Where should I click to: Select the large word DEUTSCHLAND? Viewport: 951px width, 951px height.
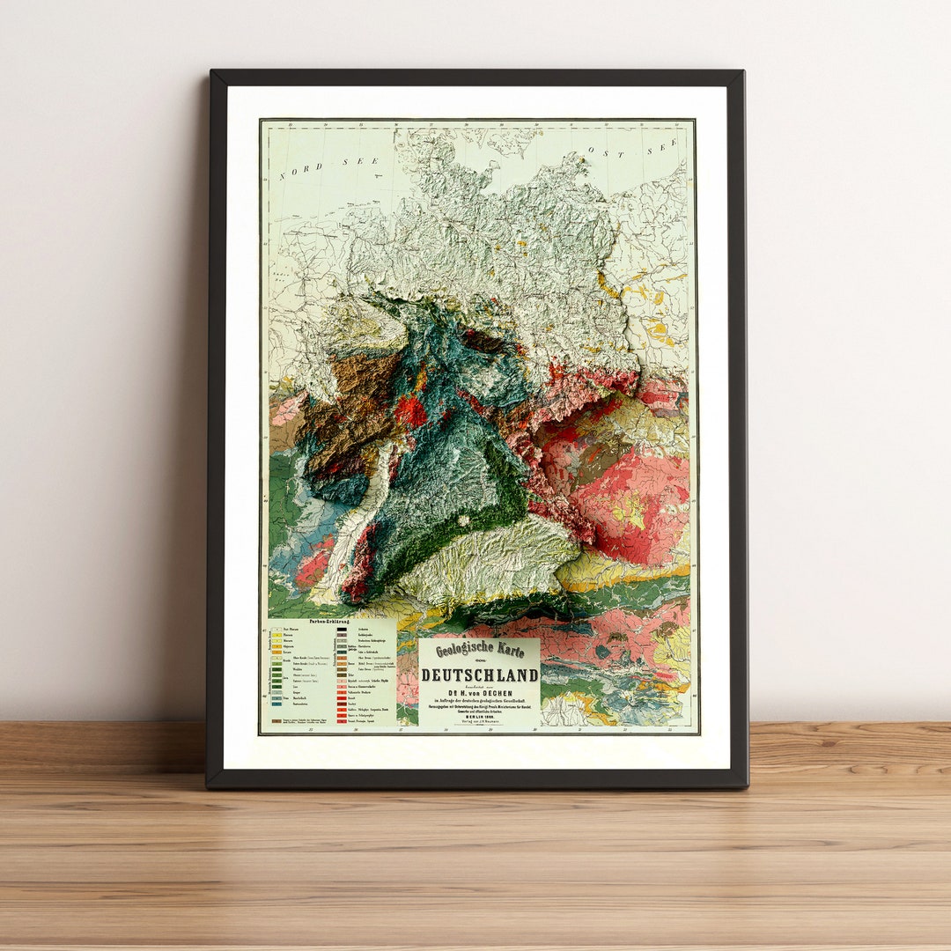tap(479, 675)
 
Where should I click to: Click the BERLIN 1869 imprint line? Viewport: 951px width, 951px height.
tap(479, 717)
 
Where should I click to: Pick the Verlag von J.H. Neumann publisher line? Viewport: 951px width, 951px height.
tap(479, 723)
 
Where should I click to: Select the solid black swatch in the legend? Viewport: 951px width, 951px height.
tap(341, 630)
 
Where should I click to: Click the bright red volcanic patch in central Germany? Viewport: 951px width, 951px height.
tap(409, 410)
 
